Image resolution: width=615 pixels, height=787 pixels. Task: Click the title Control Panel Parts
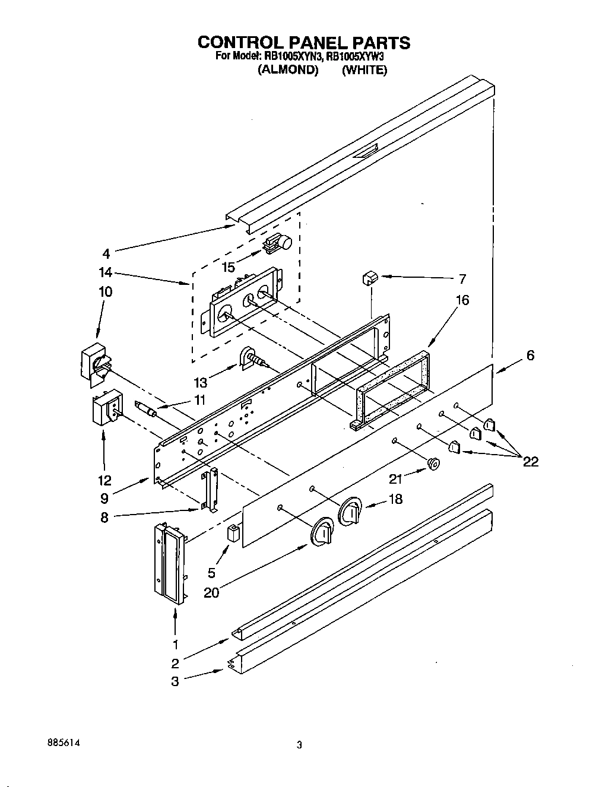tap(303, 42)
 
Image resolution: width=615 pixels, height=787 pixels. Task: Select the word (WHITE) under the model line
tap(364, 70)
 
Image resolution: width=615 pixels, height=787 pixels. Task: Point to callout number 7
tap(462, 278)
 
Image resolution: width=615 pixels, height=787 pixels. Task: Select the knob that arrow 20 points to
tap(321, 531)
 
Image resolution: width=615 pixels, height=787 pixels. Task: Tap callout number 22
tap(530, 461)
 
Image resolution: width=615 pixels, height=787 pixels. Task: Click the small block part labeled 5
tap(234, 533)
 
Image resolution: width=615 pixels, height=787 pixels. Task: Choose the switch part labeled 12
tap(105, 409)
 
